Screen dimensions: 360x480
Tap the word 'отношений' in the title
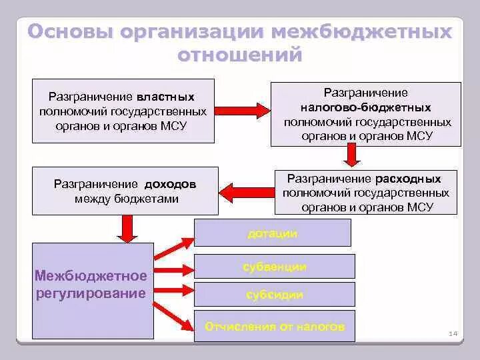pyautogui.click(x=240, y=55)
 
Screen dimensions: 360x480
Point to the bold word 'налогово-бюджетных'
pyautogui.click(x=365, y=107)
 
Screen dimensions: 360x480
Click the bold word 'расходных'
pyautogui.click(x=408, y=179)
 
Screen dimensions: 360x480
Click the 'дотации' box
pyautogui.click(x=272, y=233)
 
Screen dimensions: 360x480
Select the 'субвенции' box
pyautogui.click(x=274, y=267)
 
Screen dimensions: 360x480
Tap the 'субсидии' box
pyautogui.click(x=274, y=294)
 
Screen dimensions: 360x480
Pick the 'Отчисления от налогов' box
pyautogui.click(x=274, y=327)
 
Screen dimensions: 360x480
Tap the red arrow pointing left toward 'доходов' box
pyautogui.click(x=246, y=191)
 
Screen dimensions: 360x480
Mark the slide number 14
pyautogui.click(x=453, y=333)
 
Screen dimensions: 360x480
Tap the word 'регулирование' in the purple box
pyautogui.click(x=91, y=294)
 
